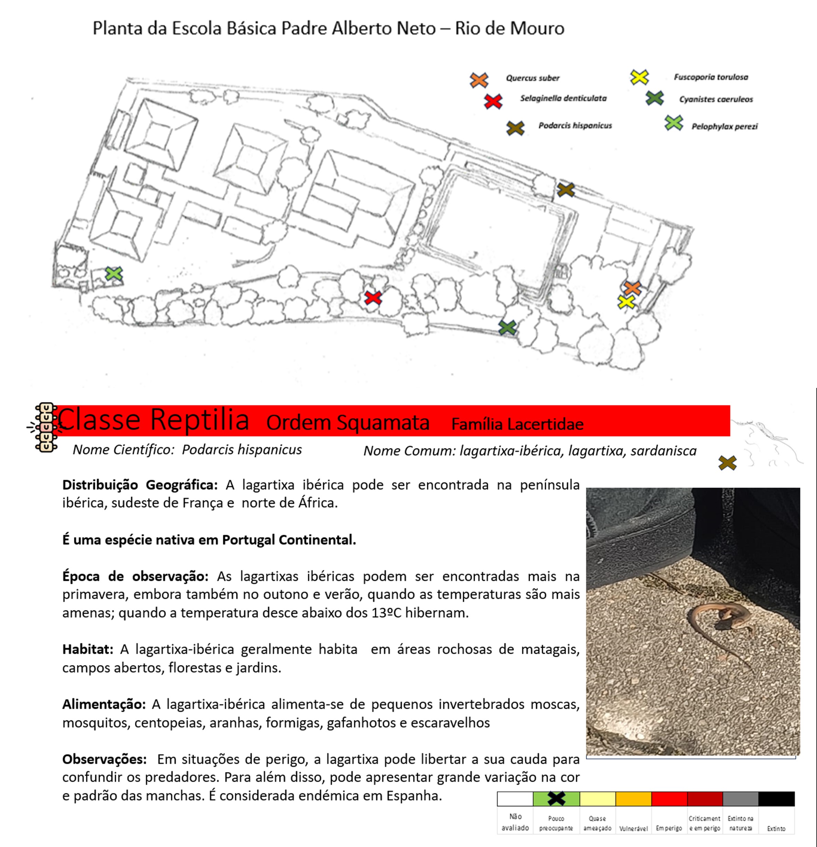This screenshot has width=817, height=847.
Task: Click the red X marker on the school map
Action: (x=373, y=298)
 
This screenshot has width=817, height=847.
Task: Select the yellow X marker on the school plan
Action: (x=626, y=302)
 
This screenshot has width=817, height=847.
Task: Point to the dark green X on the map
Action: (x=507, y=328)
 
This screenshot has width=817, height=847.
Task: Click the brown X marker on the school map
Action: (x=566, y=190)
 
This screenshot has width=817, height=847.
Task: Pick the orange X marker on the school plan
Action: (x=632, y=288)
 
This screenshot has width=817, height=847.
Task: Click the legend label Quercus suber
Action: (x=533, y=78)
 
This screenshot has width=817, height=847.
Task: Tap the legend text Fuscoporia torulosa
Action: (x=711, y=77)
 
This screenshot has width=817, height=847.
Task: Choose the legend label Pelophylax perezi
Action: (x=724, y=127)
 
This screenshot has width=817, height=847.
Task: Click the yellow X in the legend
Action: (x=639, y=77)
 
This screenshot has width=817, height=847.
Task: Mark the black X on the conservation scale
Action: (x=556, y=798)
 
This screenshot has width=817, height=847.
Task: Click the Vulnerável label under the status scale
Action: (x=633, y=828)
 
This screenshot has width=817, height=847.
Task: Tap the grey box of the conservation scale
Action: (x=741, y=799)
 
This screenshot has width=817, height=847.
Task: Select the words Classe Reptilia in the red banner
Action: (x=154, y=419)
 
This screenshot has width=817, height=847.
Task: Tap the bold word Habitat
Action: (x=88, y=649)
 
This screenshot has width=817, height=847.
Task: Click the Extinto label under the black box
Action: (x=776, y=828)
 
